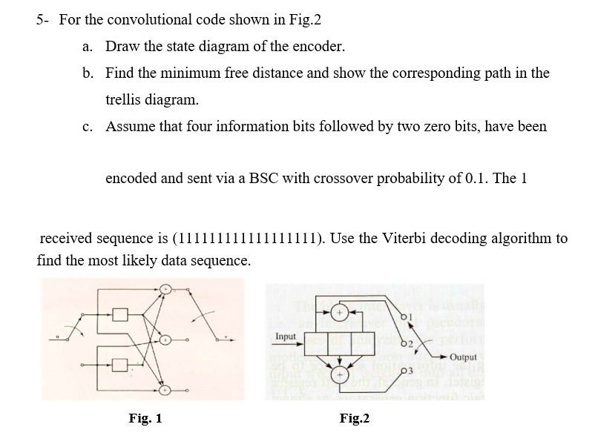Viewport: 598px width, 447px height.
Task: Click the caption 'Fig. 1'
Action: tap(145, 419)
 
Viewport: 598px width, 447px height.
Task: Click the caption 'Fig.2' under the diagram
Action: tap(355, 419)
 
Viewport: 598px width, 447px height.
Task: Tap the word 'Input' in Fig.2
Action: tap(286, 336)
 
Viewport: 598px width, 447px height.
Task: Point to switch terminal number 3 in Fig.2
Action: tap(404, 371)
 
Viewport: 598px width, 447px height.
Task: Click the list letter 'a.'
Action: tap(88, 47)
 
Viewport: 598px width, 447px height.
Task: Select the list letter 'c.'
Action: tap(88, 126)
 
